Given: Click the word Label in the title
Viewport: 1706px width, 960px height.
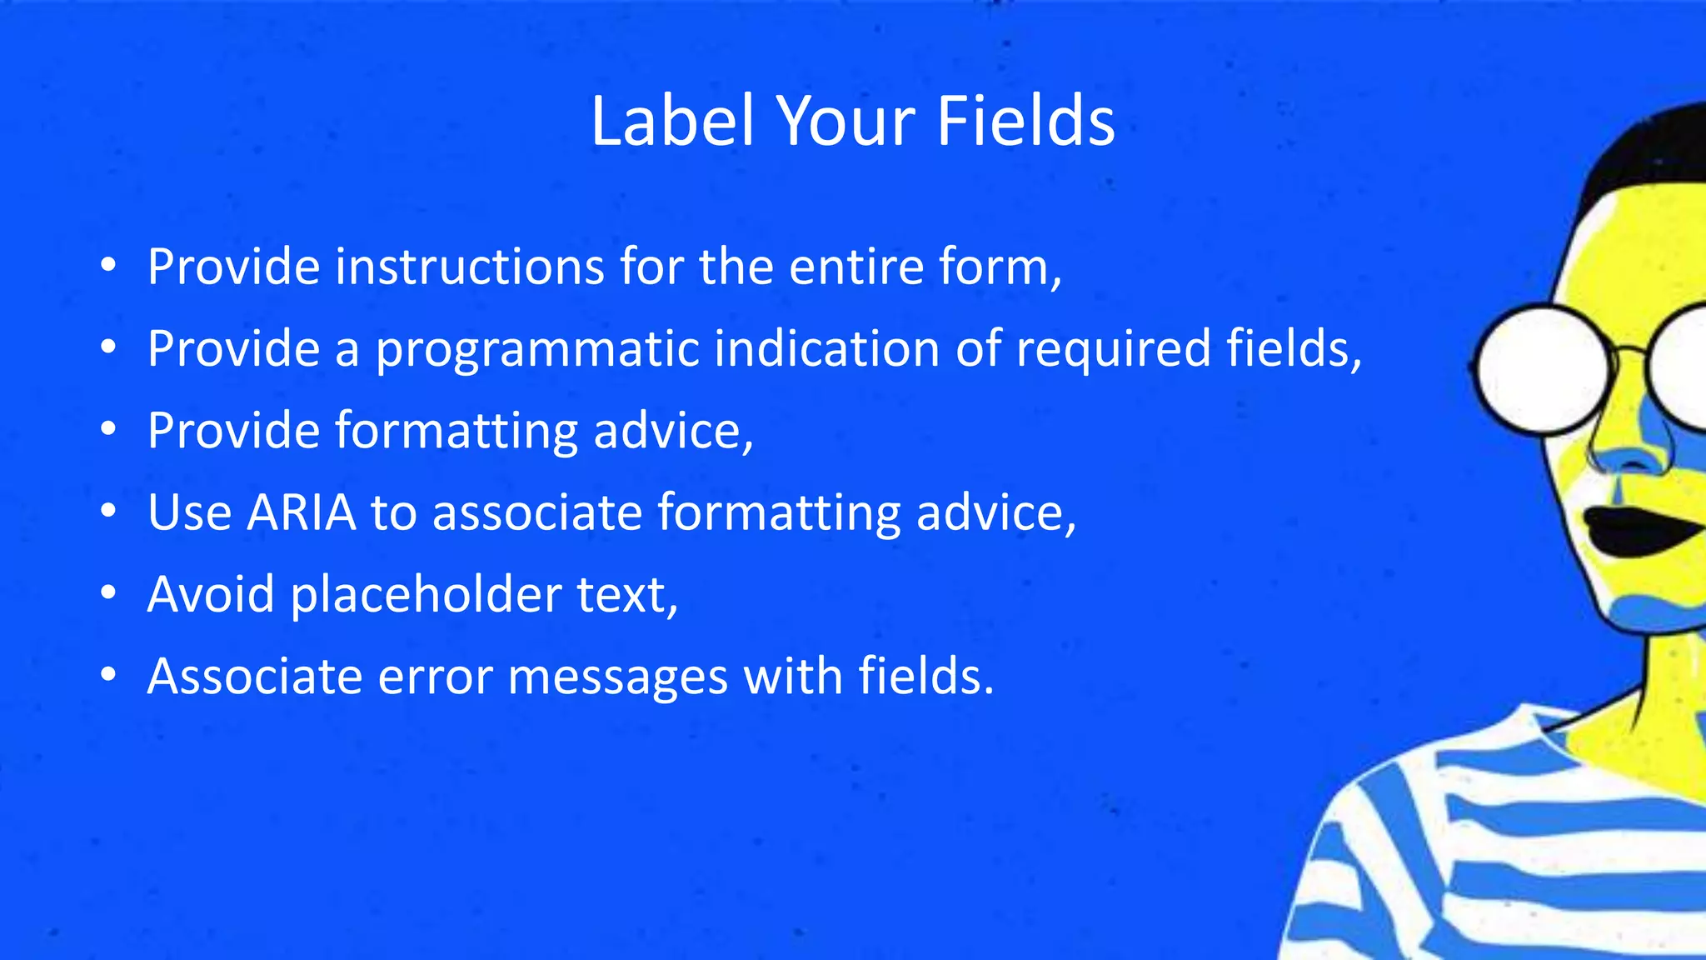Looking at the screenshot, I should [671, 122].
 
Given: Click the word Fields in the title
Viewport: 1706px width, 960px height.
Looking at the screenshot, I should [1025, 122].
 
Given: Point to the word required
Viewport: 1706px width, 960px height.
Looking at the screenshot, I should [1113, 349].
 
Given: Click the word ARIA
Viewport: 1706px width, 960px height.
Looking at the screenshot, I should [302, 512].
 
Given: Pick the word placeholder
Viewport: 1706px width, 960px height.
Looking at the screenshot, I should [426, 595].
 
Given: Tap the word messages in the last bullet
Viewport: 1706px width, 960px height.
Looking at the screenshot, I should [617, 676].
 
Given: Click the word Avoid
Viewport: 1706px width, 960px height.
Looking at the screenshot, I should [211, 595].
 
